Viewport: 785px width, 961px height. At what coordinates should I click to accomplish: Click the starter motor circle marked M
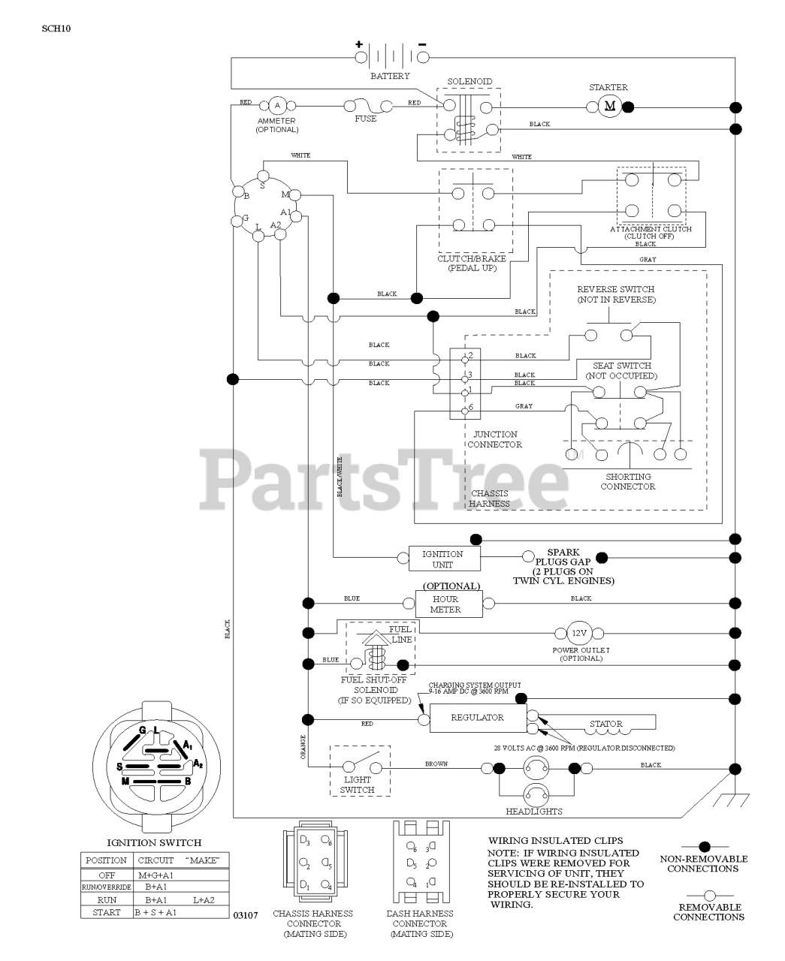(x=609, y=106)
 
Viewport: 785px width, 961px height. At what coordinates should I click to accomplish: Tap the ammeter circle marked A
(x=277, y=106)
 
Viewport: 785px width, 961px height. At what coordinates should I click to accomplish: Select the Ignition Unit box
(x=442, y=559)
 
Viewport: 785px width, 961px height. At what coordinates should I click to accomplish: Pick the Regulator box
(x=477, y=718)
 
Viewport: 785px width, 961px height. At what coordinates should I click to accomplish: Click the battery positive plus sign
(x=359, y=44)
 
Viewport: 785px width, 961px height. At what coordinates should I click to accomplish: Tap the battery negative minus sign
(x=422, y=44)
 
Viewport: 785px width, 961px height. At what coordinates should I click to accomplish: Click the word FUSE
(x=366, y=119)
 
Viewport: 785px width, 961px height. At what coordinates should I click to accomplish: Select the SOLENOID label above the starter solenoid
(x=469, y=81)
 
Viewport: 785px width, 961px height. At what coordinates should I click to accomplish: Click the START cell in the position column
(x=106, y=912)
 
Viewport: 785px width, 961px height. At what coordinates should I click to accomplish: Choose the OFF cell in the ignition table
(x=106, y=875)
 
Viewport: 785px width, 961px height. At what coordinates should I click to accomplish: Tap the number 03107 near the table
(x=245, y=915)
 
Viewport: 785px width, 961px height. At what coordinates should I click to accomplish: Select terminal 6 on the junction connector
(x=466, y=409)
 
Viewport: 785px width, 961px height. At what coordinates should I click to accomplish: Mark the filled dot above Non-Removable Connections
(x=704, y=846)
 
